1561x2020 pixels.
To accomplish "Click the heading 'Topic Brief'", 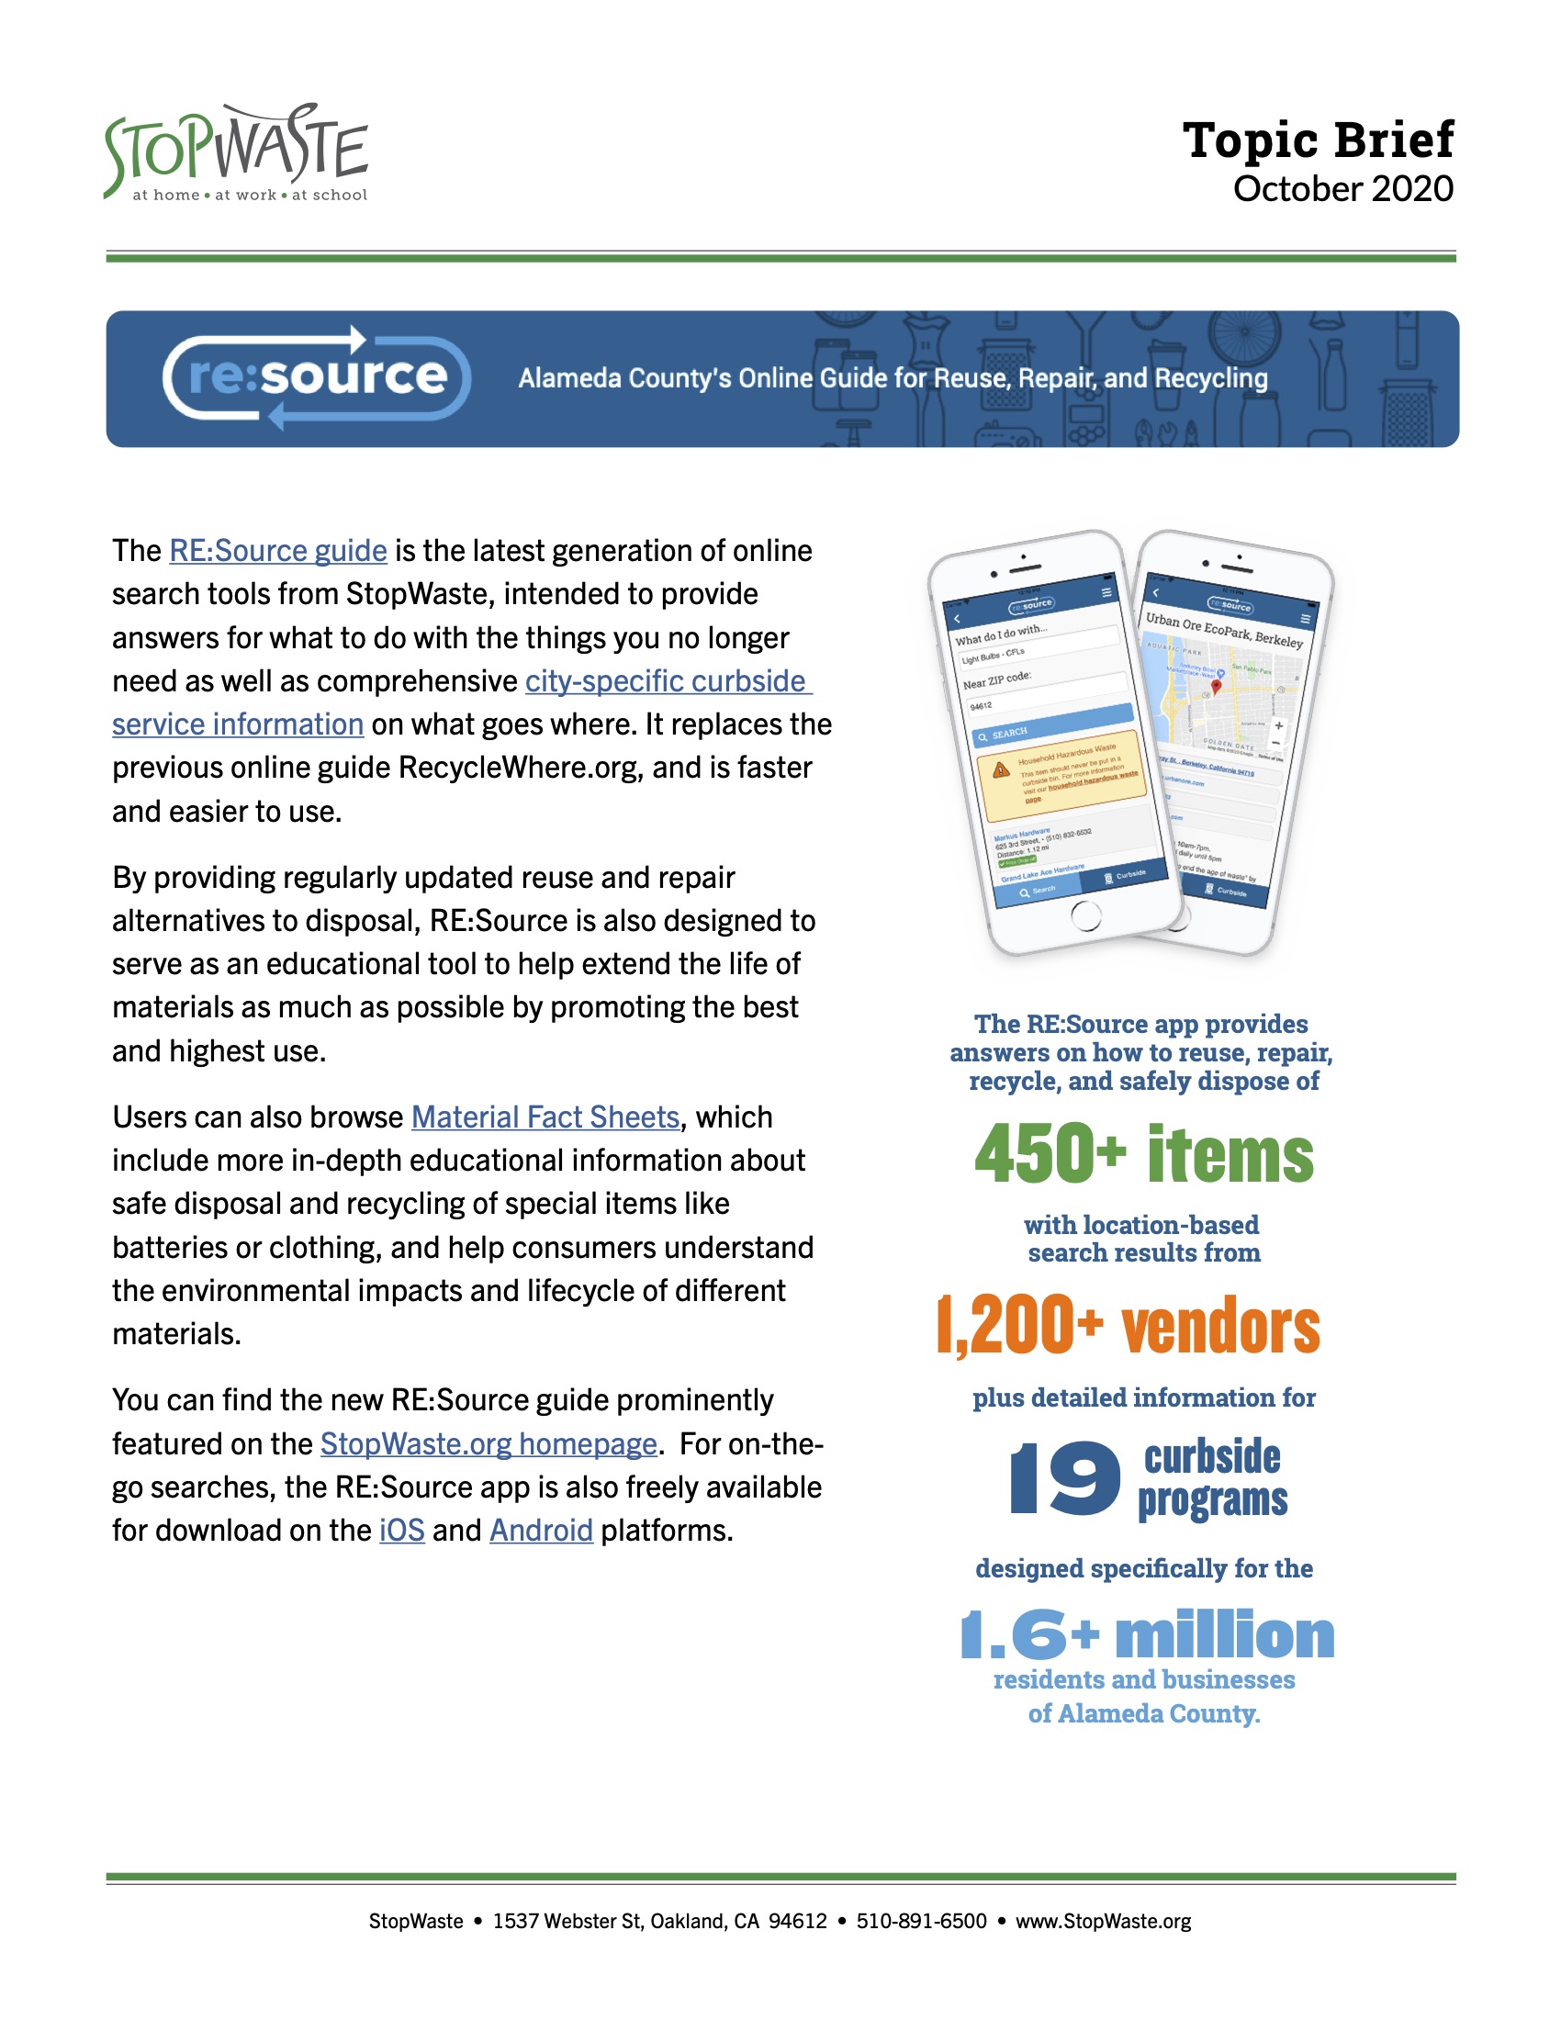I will point(1317,140).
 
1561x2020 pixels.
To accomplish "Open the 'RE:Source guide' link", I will point(277,551).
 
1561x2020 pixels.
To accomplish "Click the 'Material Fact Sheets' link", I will point(545,1117).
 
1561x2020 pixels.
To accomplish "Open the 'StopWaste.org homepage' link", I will point(489,1443).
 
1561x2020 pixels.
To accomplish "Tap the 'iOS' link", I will point(401,1531).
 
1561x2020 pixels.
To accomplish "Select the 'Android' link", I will point(541,1531).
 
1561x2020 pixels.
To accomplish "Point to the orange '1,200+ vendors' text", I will point(1129,1327).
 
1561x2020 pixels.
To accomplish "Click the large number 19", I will point(1064,1479).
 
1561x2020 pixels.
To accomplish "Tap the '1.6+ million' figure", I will point(1147,1635).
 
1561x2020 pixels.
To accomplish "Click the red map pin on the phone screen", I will point(1216,687).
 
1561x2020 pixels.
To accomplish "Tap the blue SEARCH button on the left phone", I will point(1054,725).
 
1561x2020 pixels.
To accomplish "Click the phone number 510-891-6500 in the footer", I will point(921,1922).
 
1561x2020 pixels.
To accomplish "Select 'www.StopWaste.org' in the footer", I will point(1103,1922).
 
